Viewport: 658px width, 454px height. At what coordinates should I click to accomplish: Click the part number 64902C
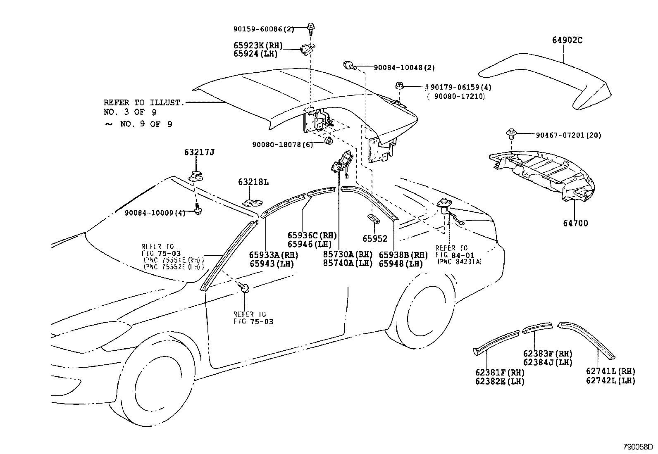pyautogui.click(x=567, y=40)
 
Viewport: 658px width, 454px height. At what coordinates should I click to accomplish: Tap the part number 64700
pyautogui.click(x=575, y=223)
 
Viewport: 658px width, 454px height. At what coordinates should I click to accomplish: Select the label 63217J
pyautogui.click(x=199, y=153)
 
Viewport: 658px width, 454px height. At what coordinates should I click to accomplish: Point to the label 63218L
pyautogui.click(x=253, y=182)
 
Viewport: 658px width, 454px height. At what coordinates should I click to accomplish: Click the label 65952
pyautogui.click(x=375, y=238)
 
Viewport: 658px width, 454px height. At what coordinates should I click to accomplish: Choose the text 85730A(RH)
pyautogui.click(x=348, y=254)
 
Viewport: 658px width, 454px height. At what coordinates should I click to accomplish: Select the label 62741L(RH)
pyautogui.click(x=610, y=371)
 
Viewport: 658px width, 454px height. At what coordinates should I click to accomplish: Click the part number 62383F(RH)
pyautogui.click(x=548, y=354)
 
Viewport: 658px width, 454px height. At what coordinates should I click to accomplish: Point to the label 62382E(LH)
pyautogui.click(x=499, y=381)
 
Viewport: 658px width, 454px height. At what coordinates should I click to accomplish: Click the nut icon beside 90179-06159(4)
pyautogui.click(x=399, y=86)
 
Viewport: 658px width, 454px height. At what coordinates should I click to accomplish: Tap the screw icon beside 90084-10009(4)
pyautogui.click(x=198, y=210)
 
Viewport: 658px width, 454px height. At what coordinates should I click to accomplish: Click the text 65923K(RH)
pyautogui.click(x=257, y=45)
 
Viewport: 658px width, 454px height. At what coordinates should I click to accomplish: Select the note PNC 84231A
pyautogui.click(x=459, y=261)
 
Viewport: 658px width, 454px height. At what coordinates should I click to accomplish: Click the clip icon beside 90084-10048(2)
pyautogui.click(x=348, y=65)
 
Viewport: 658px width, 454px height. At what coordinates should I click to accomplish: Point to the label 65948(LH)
pyautogui.click(x=401, y=264)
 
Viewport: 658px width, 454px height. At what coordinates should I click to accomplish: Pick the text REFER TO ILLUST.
pyautogui.click(x=143, y=102)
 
